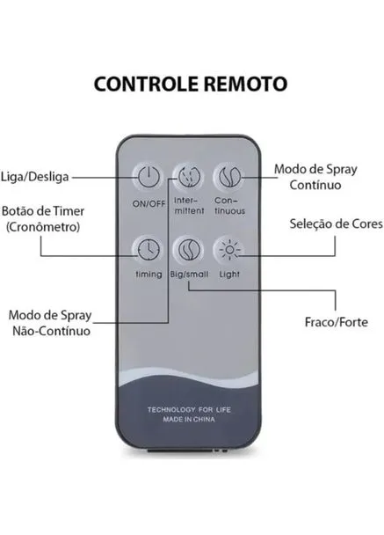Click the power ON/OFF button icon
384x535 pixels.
point(149,177)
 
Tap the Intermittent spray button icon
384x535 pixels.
point(188,177)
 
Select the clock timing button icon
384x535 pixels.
point(149,250)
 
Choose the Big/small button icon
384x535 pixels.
point(189,250)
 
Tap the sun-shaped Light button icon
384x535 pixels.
point(229,250)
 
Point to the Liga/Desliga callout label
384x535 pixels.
point(35,177)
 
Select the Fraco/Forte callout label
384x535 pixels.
point(337,322)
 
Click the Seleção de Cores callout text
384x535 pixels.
point(337,224)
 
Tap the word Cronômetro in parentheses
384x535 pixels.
point(43,227)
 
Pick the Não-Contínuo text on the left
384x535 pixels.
point(52,331)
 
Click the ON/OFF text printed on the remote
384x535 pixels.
point(149,204)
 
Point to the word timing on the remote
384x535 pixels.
point(149,275)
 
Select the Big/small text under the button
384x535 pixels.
point(189,275)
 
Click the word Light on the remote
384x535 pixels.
point(229,275)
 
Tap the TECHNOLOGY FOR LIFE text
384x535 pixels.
point(189,409)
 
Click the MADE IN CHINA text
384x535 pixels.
point(189,420)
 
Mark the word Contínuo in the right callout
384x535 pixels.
point(315,186)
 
